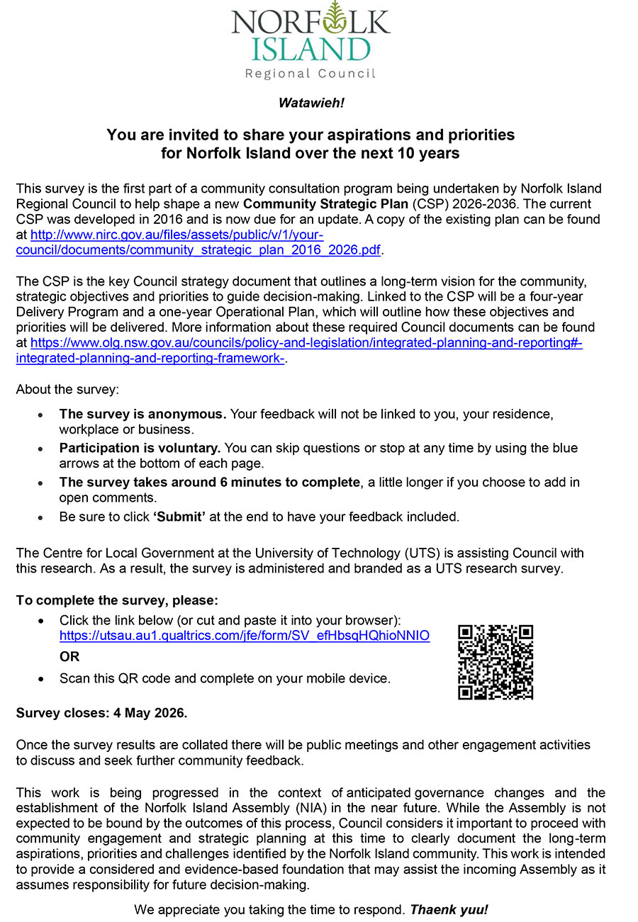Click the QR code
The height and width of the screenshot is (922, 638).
pyautogui.click(x=496, y=662)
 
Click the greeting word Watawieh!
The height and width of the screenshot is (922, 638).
pyautogui.click(x=311, y=103)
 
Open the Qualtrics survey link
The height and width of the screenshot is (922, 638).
pyautogui.click(x=244, y=636)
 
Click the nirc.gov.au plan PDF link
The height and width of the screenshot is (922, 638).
pyautogui.click(x=177, y=234)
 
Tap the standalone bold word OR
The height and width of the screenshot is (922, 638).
pyautogui.click(x=69, y=656)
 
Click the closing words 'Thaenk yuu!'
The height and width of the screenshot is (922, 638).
pyautogui.click(x=449, y=909)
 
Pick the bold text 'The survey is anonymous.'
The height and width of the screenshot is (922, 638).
pyautogui.click(x=142, y=414)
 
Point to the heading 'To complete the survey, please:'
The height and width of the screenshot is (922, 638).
pyautogui.click(x=117, y=600)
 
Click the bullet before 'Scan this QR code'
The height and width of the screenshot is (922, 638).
pyautogui.click(x=43, y=679)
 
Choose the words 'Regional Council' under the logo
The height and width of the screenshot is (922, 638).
pyautogui.click(x=310, y=74)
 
